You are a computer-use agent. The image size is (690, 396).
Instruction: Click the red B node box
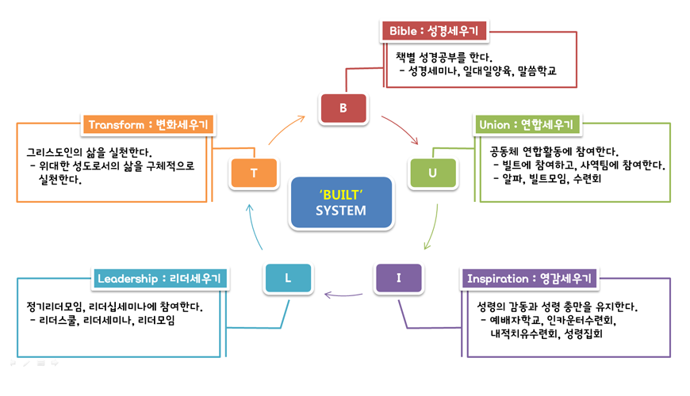pyautogui.click(x=343, y=109)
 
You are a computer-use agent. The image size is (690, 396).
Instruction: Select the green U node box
pyautogui.click(x=432, y=173)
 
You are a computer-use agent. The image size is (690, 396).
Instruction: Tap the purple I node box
pyautogui.click(x=398, y=277)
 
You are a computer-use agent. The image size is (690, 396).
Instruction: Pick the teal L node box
pyautogui.click(x=287, y=278)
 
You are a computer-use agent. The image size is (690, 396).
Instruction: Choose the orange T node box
pyautogui.click(x=254, y=173)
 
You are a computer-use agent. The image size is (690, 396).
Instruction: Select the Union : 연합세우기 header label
pyautogui.click(x=526, y=125)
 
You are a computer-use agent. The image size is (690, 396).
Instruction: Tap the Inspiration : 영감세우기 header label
pyautogui.click(x=529, y=279)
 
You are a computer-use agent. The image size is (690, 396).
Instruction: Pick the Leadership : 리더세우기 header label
pyautogui.click(x=161, y=279)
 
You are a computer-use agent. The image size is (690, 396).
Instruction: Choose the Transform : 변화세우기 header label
pyautogui.click(x=148, y=125)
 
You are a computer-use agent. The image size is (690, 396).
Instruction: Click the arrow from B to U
pyautogui.click(x=401, y=129)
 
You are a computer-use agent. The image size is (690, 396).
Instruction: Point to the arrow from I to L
pyautogui.click(x=343, y=295)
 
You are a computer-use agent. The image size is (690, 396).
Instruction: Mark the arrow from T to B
pyautogui.click(x=286, y=128)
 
